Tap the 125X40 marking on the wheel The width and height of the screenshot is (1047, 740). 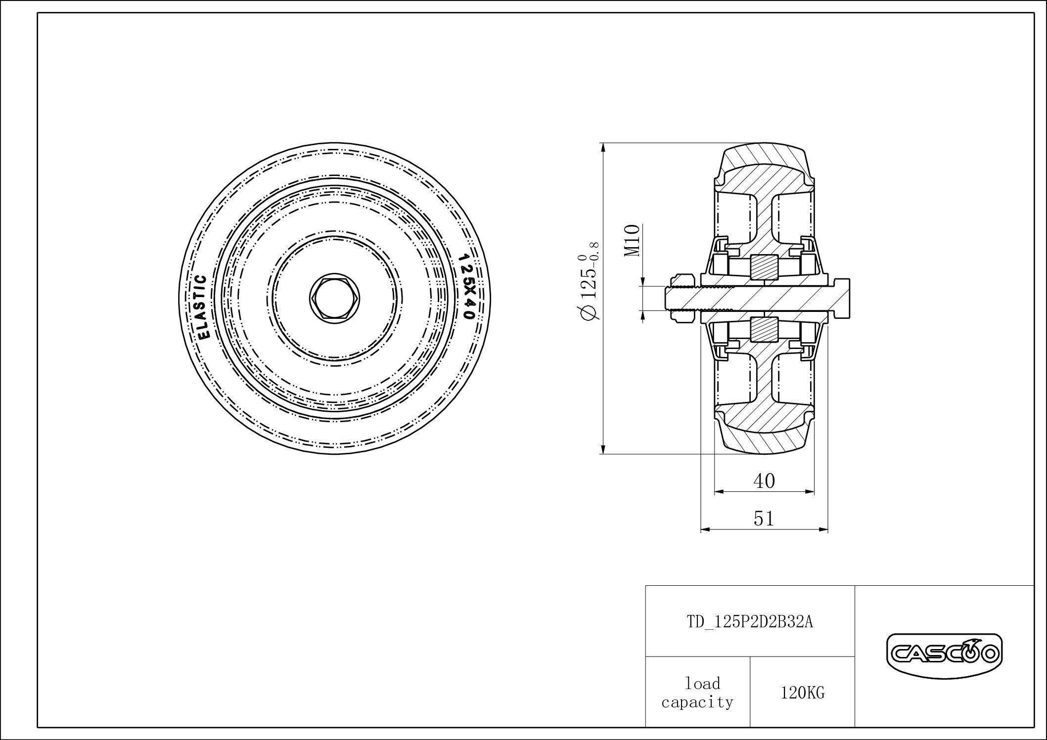[465, 286]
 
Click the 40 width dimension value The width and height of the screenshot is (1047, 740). [764, 480]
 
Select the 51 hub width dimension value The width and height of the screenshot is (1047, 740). [764, 518]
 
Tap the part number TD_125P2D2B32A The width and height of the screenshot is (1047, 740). [749, 621]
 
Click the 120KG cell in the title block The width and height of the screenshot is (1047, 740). [802, 693]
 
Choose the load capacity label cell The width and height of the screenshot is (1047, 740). [697, 693]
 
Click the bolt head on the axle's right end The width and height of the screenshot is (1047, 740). [840, 298]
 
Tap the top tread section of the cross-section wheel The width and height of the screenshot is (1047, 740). [764, 157]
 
